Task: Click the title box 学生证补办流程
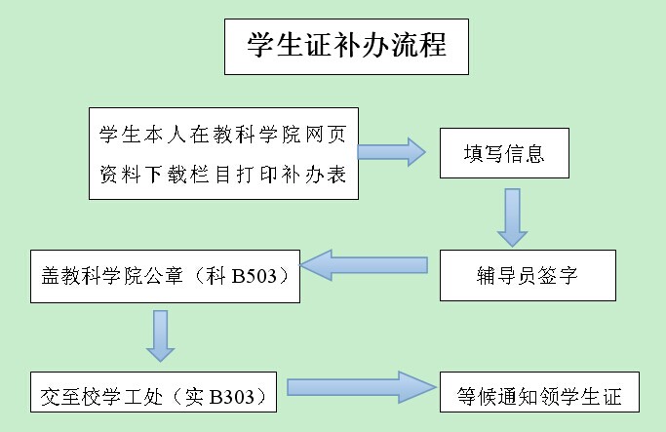[x=346, y=46]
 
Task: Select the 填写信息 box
[x=503, y=153]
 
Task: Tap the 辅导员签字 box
[x=528, y=276]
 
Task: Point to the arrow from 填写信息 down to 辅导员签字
[x=513, y=216]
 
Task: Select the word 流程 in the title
[x=419, y=47]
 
